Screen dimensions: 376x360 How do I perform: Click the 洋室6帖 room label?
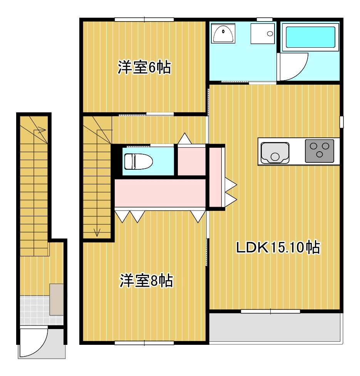pos(144,68)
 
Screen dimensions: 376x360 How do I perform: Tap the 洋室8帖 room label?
pos(146,281)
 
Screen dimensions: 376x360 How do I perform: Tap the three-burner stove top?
pos(320,150)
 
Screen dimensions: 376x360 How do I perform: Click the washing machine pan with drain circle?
pos(263,33)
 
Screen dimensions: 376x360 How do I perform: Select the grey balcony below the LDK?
pos(275,328)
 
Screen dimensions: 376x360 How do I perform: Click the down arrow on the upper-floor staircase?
pos(97,232)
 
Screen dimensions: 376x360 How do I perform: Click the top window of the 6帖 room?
pos(144,20)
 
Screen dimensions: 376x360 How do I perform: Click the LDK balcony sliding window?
pos(271,311)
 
